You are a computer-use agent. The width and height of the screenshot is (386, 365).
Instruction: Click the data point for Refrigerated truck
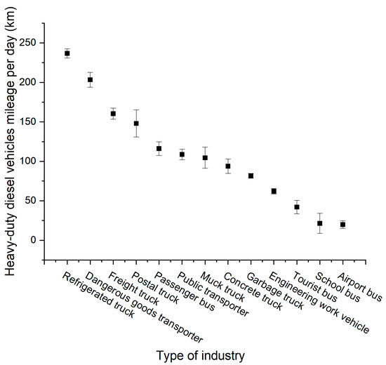click(67, 53)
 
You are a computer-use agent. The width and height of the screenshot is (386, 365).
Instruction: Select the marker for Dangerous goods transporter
click(91, 80)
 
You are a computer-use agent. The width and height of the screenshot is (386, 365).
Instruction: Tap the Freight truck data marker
click(113, 114)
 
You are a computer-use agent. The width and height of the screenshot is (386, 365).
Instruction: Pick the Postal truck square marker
click(136, 124)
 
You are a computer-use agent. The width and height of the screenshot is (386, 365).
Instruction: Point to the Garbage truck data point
click(251, 175)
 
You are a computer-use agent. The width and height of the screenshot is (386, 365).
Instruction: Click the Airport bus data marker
click(342, 225)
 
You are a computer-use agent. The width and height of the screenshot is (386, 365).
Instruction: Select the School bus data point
click(319, 223)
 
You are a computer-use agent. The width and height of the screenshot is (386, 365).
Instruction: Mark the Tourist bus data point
click(297, 207)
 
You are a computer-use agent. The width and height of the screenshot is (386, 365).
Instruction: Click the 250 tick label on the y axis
click(28, 43)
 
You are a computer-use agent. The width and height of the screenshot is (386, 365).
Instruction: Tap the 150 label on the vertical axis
click(28, 121)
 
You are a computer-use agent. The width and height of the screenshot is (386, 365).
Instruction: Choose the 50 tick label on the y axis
click(31, 201)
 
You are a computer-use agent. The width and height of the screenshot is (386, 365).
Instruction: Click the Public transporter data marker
click(182, 154)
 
